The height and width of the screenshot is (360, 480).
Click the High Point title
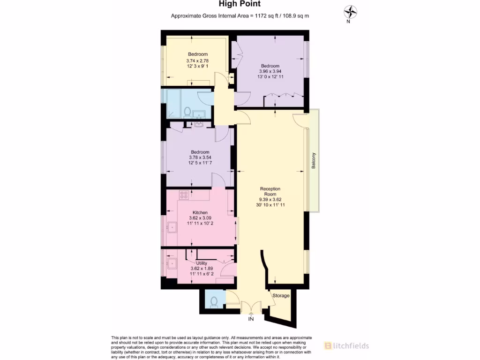pos(240,4)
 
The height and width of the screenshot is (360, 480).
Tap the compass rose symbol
pos(349,11)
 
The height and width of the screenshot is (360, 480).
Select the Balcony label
pos(314,161)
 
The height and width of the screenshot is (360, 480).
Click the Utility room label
pos(202,263)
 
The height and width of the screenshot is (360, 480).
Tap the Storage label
pos(282,296)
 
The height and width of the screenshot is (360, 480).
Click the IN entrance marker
pos(251,319)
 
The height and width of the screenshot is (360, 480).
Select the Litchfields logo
pos(346,346)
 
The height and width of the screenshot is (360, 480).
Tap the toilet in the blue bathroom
pos(187,112)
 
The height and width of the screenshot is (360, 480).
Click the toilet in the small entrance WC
pos(214,301)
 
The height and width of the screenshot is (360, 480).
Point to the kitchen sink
pos(172,228)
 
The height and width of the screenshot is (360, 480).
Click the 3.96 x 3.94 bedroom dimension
pos(270,71)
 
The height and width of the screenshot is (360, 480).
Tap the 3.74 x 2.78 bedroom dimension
pos(197,60)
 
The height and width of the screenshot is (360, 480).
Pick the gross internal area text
pos(240,16)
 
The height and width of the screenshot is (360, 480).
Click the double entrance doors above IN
pos(251,307)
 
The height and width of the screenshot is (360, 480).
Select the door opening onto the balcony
pos(300,120)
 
